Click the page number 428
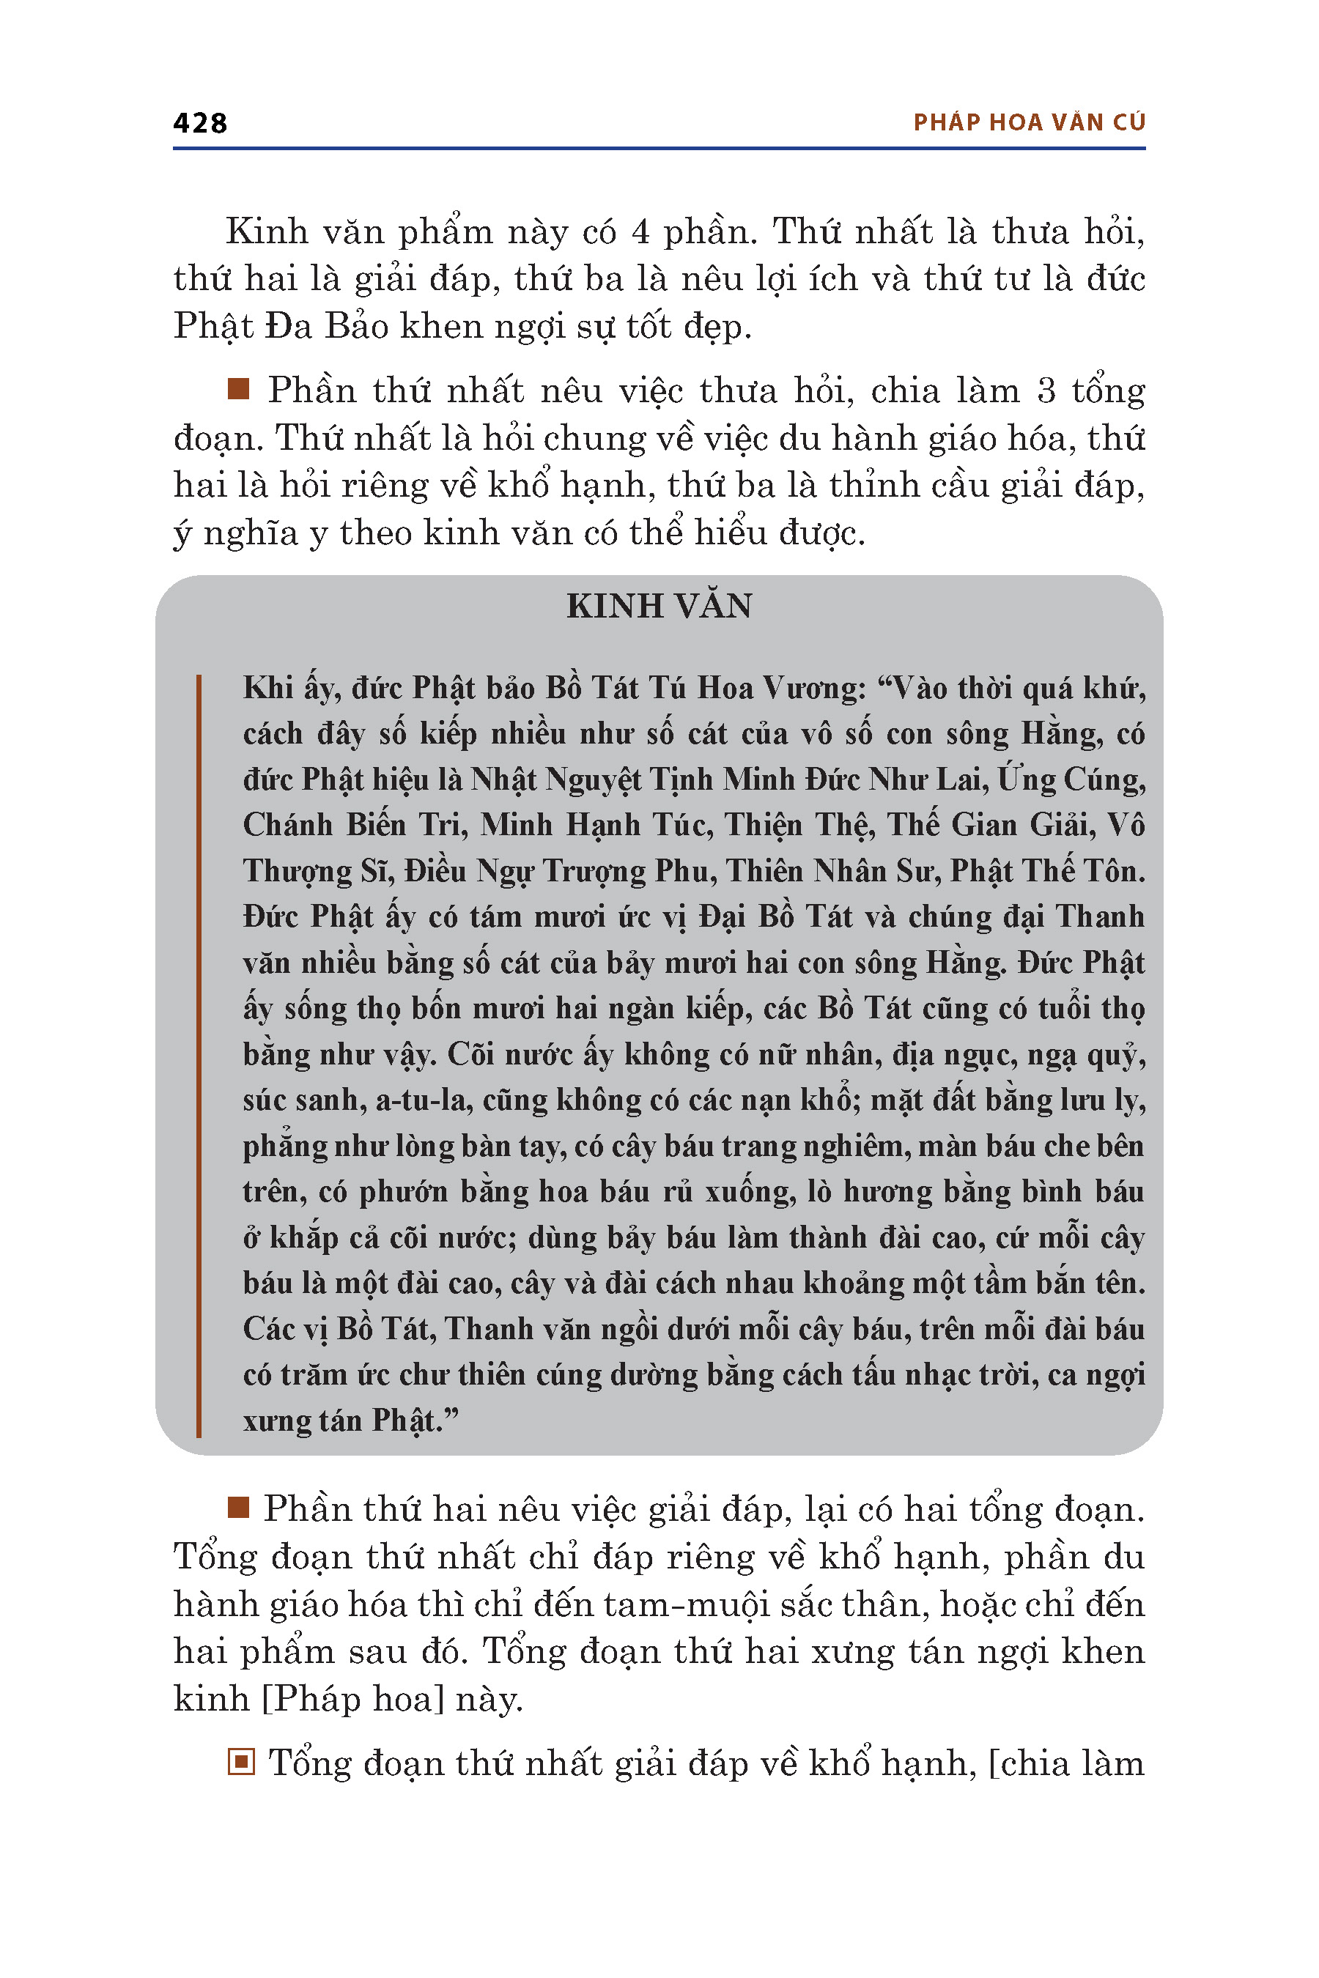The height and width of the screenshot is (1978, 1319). pyautogui.click(x=200, y=123)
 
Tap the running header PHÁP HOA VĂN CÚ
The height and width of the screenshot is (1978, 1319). pyautogui.click(x=1029, y=123)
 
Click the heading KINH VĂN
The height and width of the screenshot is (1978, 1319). pyautogui.click(x=659, y=607)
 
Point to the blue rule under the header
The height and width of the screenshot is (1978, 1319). pyautogui.click(x=659, y=149)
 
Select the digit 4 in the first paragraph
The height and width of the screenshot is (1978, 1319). pyautogui.click(x=641, y=232)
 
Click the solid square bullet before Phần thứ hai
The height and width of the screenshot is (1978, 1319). pyautogui.click(x=239, y=1508)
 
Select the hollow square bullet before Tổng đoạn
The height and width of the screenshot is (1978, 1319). pyautogui.click(x=240, y=1762)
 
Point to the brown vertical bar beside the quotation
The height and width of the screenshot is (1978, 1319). pyautogui.click(x=199, y=1056)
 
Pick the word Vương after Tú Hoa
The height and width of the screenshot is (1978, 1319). pyautogui.click(x=813, y=689)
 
